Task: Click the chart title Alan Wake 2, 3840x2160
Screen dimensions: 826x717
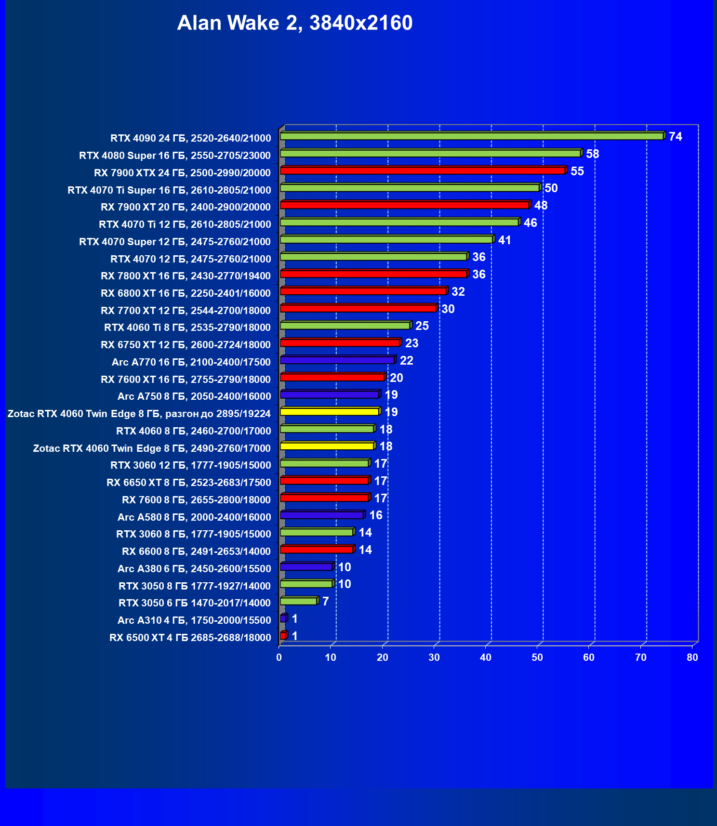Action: coord(294,23)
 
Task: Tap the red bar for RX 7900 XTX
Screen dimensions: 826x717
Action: coord(422,170)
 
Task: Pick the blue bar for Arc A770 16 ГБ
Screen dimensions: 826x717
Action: coord(337,360)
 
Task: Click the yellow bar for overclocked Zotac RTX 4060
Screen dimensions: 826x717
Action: coord(330,412)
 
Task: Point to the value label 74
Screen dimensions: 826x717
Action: coord(675,137)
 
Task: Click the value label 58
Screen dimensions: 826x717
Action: coord(592,154)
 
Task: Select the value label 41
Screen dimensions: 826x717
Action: coord(504,240)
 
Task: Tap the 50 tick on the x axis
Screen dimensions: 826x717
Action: coord(537,657)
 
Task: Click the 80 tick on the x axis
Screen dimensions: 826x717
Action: coord(692,657)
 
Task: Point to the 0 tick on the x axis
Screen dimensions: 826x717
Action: coord(279,657)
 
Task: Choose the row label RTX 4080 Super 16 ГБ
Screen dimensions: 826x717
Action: coord(175,156)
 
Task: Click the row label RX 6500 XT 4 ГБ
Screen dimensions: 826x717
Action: coord(190,638)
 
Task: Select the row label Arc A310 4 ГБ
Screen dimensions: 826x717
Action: coord(194,620)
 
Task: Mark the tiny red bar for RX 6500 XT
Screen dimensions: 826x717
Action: coord(283,636)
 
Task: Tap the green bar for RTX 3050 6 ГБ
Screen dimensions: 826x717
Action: coord(298,601)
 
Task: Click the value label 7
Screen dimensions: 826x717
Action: coord(326,602)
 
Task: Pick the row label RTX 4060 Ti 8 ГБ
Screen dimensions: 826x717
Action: coord(187,328)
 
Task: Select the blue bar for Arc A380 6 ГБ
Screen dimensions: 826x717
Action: coord(306,567)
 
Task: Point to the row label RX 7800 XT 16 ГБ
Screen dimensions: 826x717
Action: coord(186,276)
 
